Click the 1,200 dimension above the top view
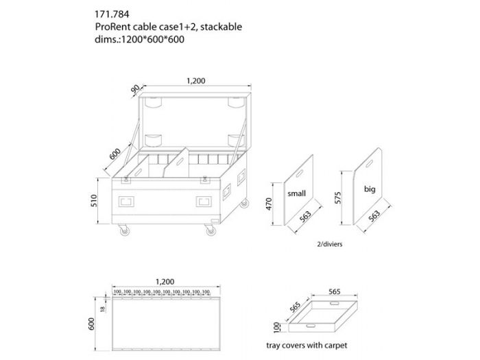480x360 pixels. pos(165,281)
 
